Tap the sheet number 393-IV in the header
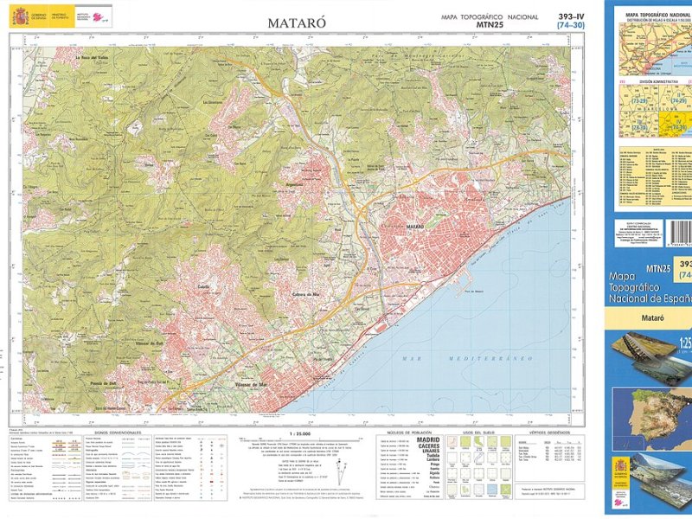(x=572, y=16)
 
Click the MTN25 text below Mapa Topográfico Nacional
(x=489, y=26)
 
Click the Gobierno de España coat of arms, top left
(x=19, y=16)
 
